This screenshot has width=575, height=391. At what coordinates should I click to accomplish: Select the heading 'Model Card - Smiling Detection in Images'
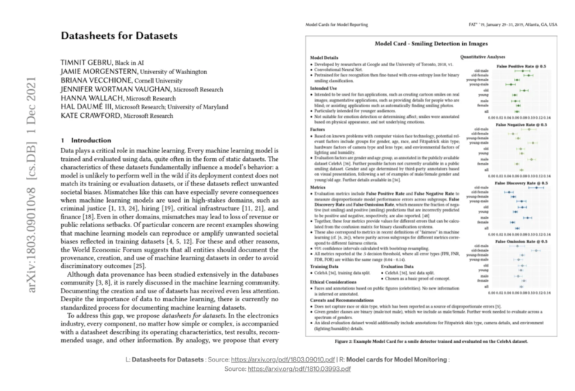(x=425, y=45)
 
